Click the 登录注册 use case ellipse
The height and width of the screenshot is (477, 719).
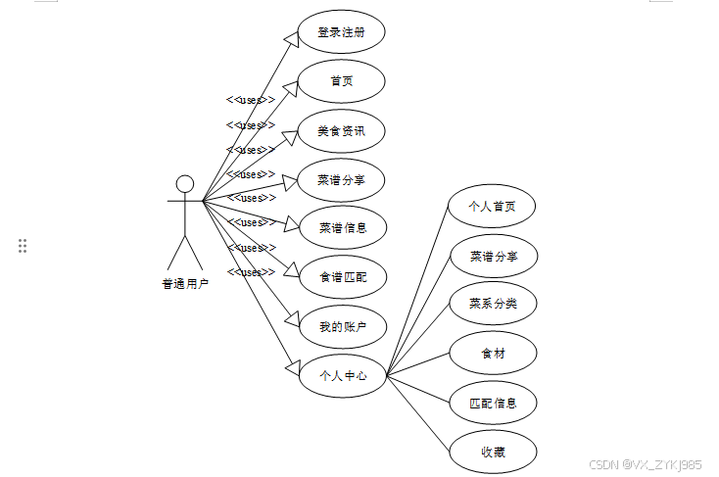click(x=341, y=31)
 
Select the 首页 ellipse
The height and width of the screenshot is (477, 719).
click(x=341, y=81)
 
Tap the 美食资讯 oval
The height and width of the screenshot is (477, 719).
click(x=341, y=130)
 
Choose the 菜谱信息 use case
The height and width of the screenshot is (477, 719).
click(x=342, y=228)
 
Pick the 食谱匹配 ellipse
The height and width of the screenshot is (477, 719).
click(x=342, y=277)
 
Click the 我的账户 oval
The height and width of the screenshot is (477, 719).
click(x=342, y=327)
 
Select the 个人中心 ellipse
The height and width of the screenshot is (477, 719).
click(x=342, y=375)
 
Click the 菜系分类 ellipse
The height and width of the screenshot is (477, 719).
click(x=493, y=304)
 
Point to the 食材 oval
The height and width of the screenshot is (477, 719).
click(x=493, y=353)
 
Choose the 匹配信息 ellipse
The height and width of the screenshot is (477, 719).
click(x=493, y=403)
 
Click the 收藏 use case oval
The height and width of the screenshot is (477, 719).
click(x=493, y=452)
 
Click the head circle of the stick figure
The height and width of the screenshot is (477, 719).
click(x=184, y=184)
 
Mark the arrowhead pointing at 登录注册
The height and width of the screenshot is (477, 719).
click(x=291, y=38)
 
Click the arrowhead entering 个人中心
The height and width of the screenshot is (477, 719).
click(x=291, y=366)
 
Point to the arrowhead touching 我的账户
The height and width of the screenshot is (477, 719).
click(x=291, y=318)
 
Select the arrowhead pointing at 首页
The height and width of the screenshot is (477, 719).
click(x=291, y=87)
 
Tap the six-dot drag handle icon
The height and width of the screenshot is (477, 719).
click(x=23, y=246)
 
